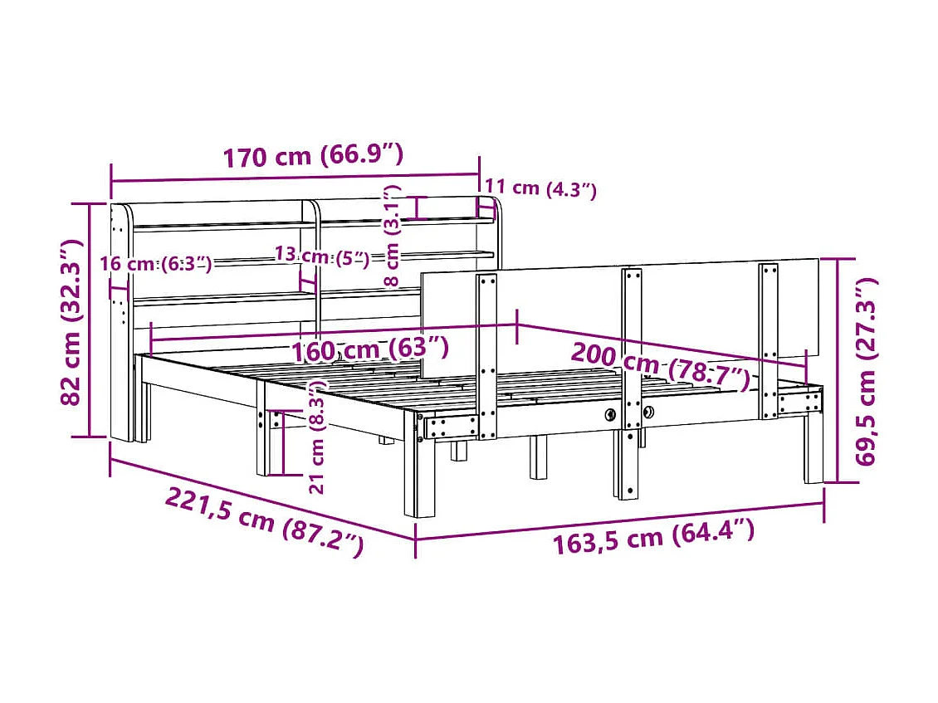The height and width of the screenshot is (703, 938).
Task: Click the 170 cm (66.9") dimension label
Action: coord(312,155)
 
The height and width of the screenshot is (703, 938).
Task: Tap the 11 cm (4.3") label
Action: coord(540,188)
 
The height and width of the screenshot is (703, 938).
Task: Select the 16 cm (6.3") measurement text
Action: coord(155,264)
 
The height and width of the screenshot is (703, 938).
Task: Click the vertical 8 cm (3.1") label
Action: coord(395,236)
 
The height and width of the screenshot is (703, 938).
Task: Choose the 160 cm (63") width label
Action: coord(370,349)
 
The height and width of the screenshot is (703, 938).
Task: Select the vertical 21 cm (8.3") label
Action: coord(315,437)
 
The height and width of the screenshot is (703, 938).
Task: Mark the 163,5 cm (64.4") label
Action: coord(654,537)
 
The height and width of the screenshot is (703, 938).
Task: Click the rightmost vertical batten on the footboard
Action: coord(769,340)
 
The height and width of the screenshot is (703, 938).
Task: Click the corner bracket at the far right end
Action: coord(799,404)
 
